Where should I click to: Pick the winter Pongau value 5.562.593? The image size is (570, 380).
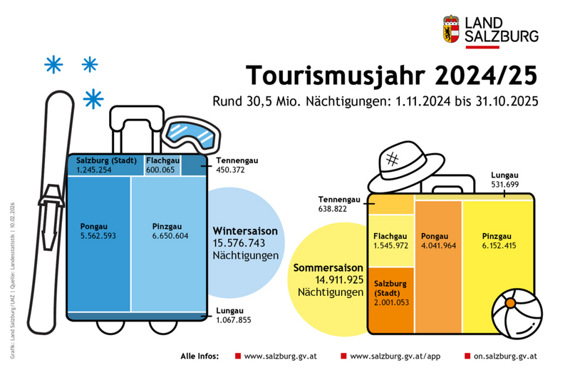98,235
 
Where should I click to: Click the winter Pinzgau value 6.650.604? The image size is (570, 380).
170,235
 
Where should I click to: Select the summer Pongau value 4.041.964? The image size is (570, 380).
442,245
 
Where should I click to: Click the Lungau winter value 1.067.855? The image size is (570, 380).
234,320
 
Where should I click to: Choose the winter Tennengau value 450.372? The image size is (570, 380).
231,170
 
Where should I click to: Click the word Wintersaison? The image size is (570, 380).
244,231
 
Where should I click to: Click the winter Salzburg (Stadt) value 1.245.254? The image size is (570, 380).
94,170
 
